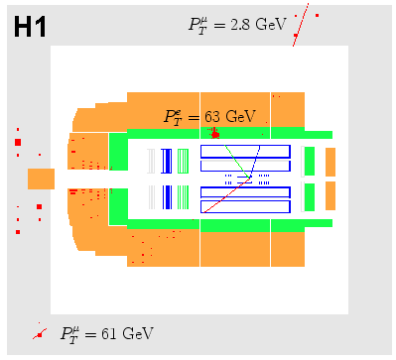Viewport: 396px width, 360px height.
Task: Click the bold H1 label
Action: click(30, 27)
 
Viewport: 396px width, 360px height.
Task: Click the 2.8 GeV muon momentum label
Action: click(237, 25)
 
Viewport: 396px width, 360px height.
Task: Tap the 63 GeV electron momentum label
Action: click(209, 117)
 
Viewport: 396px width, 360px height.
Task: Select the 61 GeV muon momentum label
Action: click(107, 333)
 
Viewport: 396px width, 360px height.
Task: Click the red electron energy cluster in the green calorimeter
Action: click(215, 134)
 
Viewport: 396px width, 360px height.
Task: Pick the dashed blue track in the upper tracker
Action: click(255, 162)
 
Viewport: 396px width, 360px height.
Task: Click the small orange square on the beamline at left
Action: click(41, 179)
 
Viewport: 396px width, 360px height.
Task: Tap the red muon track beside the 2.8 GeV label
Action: click(301, 25)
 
